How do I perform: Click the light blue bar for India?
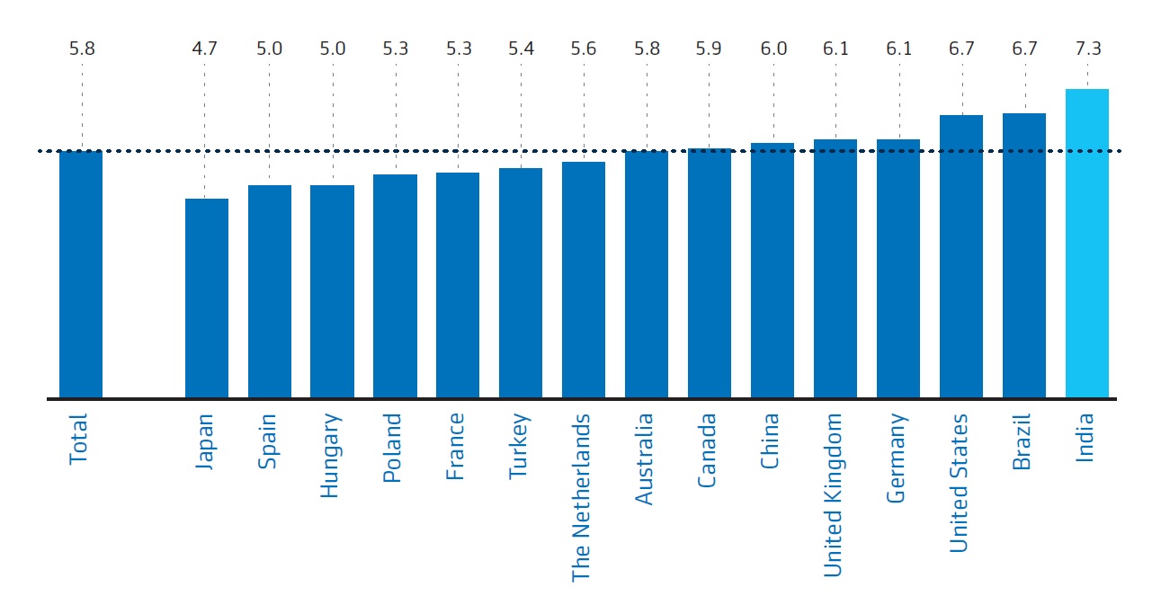[x=1086, y=243]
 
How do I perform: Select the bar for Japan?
[x=207, y=298]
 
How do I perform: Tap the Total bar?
[x=81, y=274]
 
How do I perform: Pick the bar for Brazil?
[x=1023, y=255]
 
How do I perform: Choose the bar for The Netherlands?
[x=584, y=280]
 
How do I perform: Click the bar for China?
[x=773, y=270]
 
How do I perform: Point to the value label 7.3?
[x=1087, y=49]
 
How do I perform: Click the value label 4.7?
[x=206, y=49]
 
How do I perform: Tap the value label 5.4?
[x=521, y=49]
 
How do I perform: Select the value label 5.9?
[x=709, y=49]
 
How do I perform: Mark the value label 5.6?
[x=584, y=49]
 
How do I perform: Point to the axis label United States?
[x=960, y=483]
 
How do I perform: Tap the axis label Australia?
[x=645, y=458]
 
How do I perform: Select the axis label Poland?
[x=393, y=448]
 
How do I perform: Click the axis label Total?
[x=79, y=439]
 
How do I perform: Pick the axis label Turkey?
[x=519, y=447]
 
